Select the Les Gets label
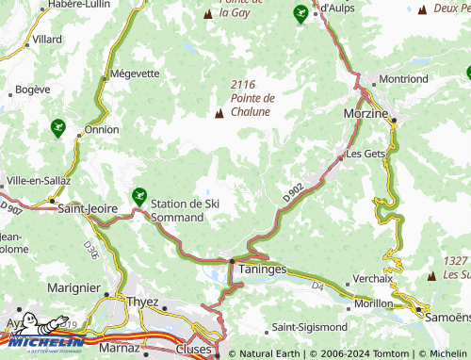(x=366, y=154)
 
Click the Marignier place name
(x=73, y=287)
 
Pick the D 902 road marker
(x=293, y=191)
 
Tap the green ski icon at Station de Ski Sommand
(x=139, y=197)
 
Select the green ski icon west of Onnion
(x=58, y=127)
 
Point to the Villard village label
(x=47, y=41)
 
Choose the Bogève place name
(x=32, y=90)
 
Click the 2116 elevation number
(x=243, y=85)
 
